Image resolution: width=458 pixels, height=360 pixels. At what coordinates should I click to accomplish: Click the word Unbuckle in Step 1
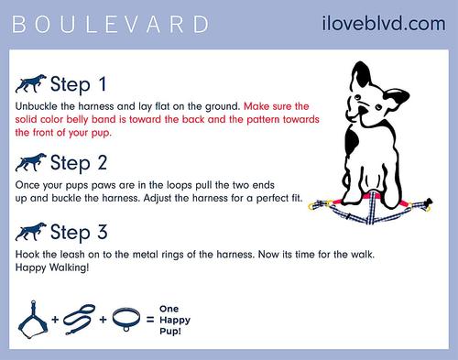(38, 107)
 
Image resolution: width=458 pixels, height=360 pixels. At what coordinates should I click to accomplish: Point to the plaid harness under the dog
(376, 213)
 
